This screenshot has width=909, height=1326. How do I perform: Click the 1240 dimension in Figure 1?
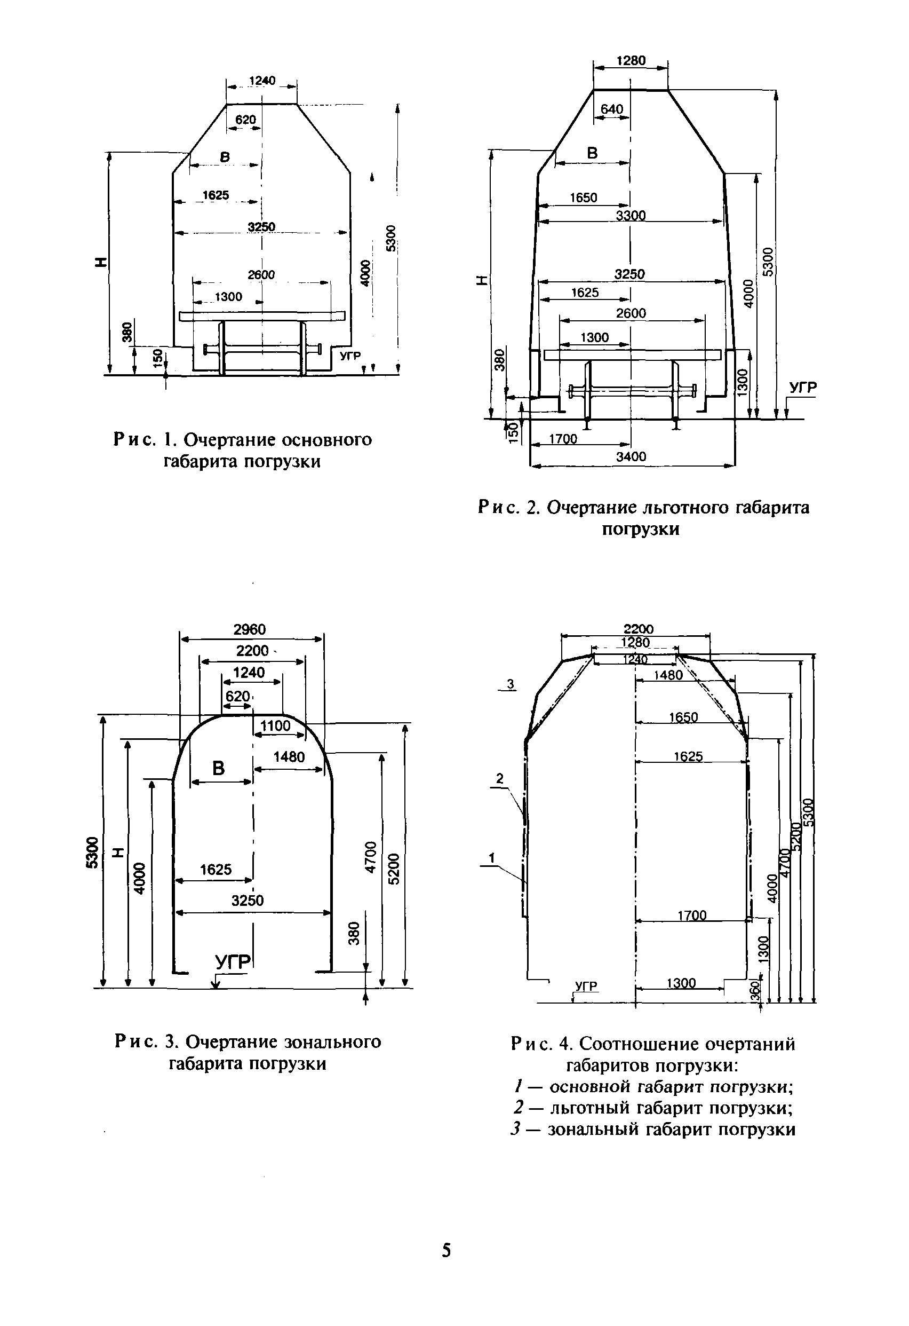point(262,81)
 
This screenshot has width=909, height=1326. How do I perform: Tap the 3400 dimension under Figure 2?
point(631,456)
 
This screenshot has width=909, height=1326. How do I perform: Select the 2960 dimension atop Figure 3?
point(250,629)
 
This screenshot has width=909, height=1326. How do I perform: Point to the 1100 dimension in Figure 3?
point(275,726)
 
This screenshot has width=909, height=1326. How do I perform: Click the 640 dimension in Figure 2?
point(611,109)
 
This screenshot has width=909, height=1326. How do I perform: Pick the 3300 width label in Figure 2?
point(631,216)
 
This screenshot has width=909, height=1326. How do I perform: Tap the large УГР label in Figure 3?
point(233,962)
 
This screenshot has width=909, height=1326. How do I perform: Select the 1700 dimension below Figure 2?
point(563,439)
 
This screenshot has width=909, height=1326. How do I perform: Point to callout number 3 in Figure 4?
point(511,683)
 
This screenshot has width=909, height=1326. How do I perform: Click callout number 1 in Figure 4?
point(491,857)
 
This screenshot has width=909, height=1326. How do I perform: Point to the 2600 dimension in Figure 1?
point(261,275)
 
